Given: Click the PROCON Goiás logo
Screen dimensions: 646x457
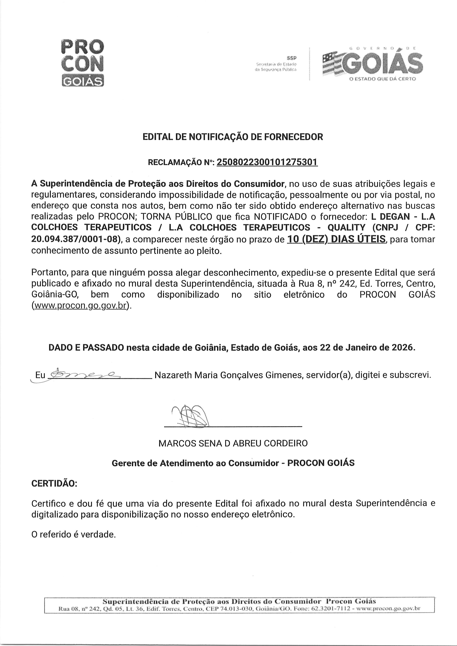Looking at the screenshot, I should tap(82, 62).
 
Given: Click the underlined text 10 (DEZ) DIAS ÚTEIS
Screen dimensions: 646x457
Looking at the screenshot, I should tap(336, 239).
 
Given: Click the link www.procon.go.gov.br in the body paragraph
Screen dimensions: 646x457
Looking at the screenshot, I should tap(80, 306).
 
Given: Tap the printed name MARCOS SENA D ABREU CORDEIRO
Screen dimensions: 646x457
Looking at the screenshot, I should tap(233, 443).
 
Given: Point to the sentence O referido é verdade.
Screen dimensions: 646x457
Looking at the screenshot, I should tap(74, 534).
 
